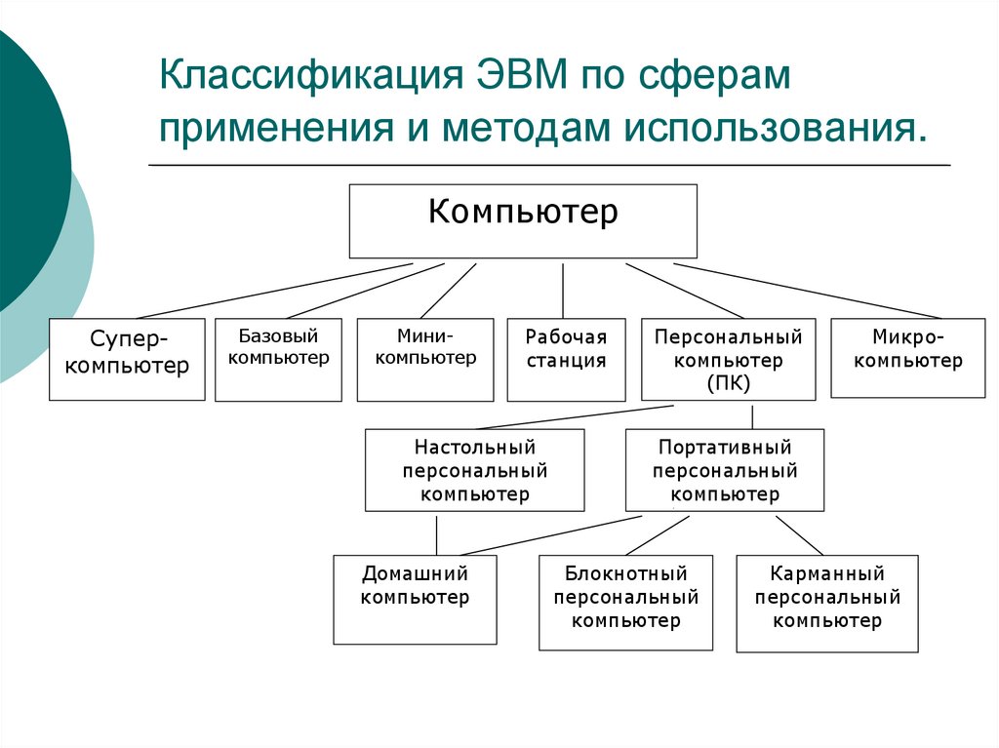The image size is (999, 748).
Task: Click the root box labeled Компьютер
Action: [x=523, y=220]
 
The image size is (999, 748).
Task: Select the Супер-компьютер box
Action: [x=127, y=359]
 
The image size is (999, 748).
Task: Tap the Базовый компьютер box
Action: [x=278, y=359]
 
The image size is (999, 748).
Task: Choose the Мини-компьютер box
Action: [x=425, y=359]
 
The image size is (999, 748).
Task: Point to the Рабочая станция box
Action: [x=566, y=359]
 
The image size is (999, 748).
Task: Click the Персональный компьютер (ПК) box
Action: [x=728, y=359]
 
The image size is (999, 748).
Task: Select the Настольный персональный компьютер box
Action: [x=475, y=470]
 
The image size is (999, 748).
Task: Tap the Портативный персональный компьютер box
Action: [x=725, y=470]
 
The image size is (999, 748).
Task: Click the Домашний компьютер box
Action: [x=415, y=599]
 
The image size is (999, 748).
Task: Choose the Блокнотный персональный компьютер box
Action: [x=625, y=602]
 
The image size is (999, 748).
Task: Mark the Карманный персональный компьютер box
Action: [x=826, y=603]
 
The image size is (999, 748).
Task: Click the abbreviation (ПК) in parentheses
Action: [x=729, y=383]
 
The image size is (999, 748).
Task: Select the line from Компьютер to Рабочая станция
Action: [x=563, y=291]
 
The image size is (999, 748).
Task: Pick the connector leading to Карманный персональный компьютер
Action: [x=799, y=533]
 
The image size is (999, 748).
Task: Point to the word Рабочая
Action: [x=566, y=337]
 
